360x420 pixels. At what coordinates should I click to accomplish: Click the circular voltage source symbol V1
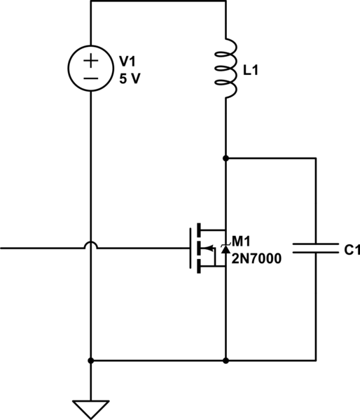click(x=91, y=69)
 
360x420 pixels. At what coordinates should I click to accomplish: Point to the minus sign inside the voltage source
click(x=91, y=78)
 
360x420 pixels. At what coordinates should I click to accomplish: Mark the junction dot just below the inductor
click(x=226, y=158)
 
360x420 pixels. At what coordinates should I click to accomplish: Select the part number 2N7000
click(x=256, y=259)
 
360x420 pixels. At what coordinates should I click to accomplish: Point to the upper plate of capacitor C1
click(x=316, y=243)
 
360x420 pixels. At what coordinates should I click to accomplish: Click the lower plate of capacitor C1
click(x=316, y=253)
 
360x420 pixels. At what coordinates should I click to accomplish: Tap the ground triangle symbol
click(x=91, y=408)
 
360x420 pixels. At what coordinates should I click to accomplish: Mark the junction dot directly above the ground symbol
click(x=91, y=361)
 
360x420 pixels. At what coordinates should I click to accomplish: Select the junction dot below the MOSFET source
click(x=226, y=361)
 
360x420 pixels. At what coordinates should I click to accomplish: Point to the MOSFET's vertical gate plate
click(x=188, y=248)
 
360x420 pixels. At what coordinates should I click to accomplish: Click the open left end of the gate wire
click(x=2, y=248)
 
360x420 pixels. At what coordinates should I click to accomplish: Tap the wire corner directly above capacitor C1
click(x=316, y=158)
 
